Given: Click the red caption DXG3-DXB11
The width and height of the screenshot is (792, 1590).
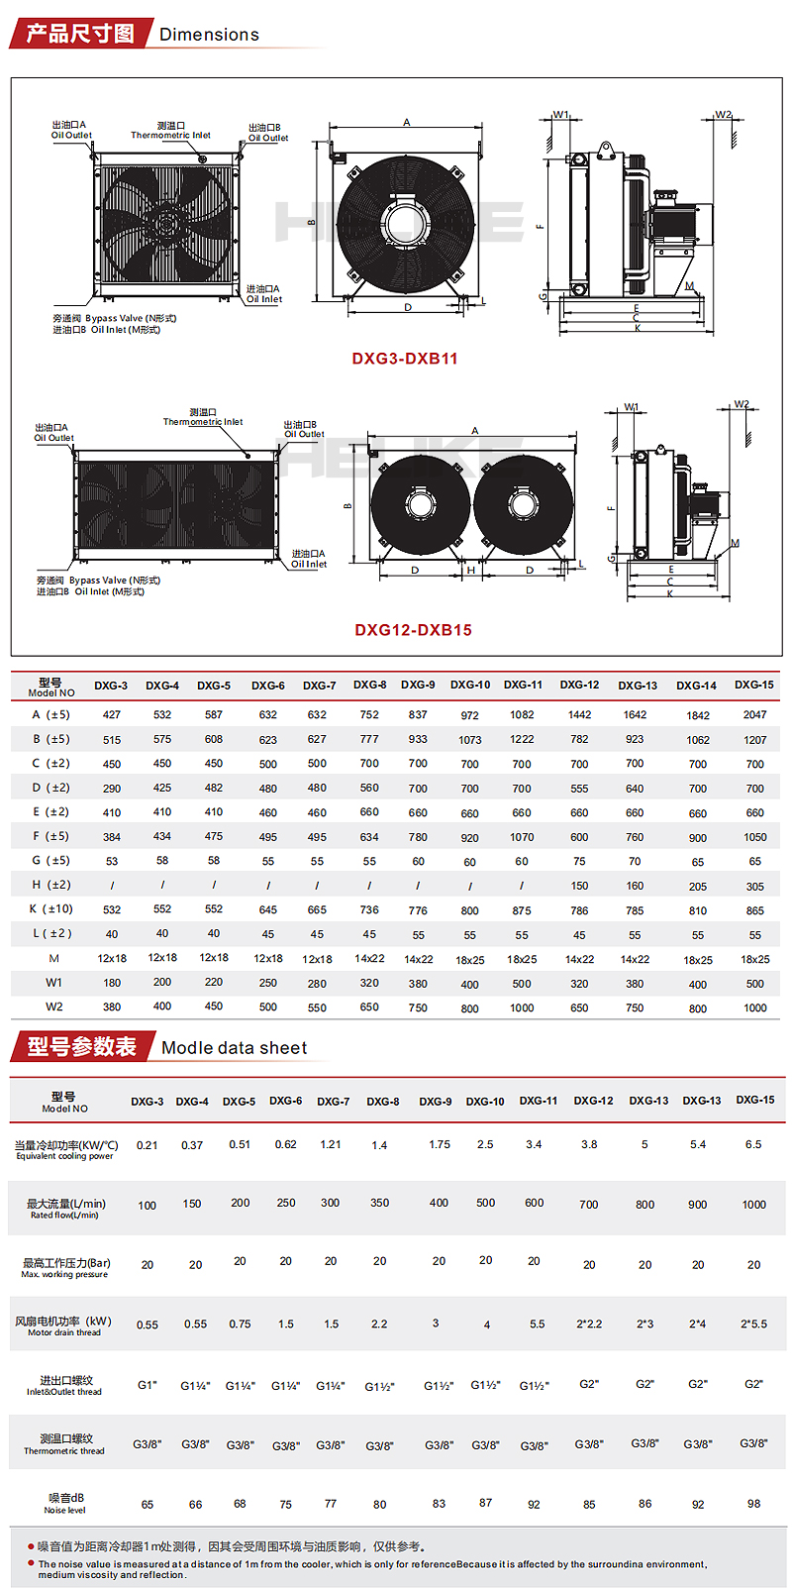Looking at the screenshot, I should pyautogui.click(x=405, y=359).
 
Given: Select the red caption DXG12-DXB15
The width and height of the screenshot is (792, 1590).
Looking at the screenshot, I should pyautogui.click(x=413, y=630).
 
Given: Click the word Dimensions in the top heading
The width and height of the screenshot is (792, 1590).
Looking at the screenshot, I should pyautogui.click(x=209, y=35).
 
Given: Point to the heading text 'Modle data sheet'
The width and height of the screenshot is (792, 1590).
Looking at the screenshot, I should pyautogui.click(x=234, y=1048).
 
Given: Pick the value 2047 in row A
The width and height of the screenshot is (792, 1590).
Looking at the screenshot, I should pyautogui.click(x=754, y=714).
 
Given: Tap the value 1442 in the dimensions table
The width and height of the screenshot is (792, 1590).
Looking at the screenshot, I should pyautogui.click(x=579, y=714).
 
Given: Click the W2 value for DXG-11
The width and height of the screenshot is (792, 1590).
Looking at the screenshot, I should pyautogui.click(x=522, y=1008).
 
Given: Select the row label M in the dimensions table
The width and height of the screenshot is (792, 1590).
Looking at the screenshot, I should pyautogui.click(x=53, y=958).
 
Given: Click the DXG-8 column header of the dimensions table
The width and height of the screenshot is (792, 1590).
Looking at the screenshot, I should pyautogui.click(x=369, y=685).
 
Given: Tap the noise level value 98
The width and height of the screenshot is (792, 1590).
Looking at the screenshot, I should pyautogui.click(x=753, y=1504).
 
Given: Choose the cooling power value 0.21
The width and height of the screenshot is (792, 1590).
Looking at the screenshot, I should pyautogui.click(x=148, y=1145).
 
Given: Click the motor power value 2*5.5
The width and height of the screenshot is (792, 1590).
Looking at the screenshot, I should pyautogui.click(x=753, y=1324).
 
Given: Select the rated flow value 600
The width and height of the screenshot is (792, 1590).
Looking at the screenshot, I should pyautogui.click(x=534, y=1203).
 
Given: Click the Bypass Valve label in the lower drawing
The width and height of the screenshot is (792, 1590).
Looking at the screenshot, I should pyautogui.click(x=114, y=581).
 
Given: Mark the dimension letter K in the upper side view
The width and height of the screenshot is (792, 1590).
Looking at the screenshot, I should pyautogui.click(x=638, y=328).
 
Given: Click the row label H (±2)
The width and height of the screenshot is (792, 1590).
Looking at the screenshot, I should pyautogui.click(x=50, y=885).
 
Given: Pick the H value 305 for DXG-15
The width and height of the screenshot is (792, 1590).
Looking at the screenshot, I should pyautogui.click(x=754, y=887).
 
